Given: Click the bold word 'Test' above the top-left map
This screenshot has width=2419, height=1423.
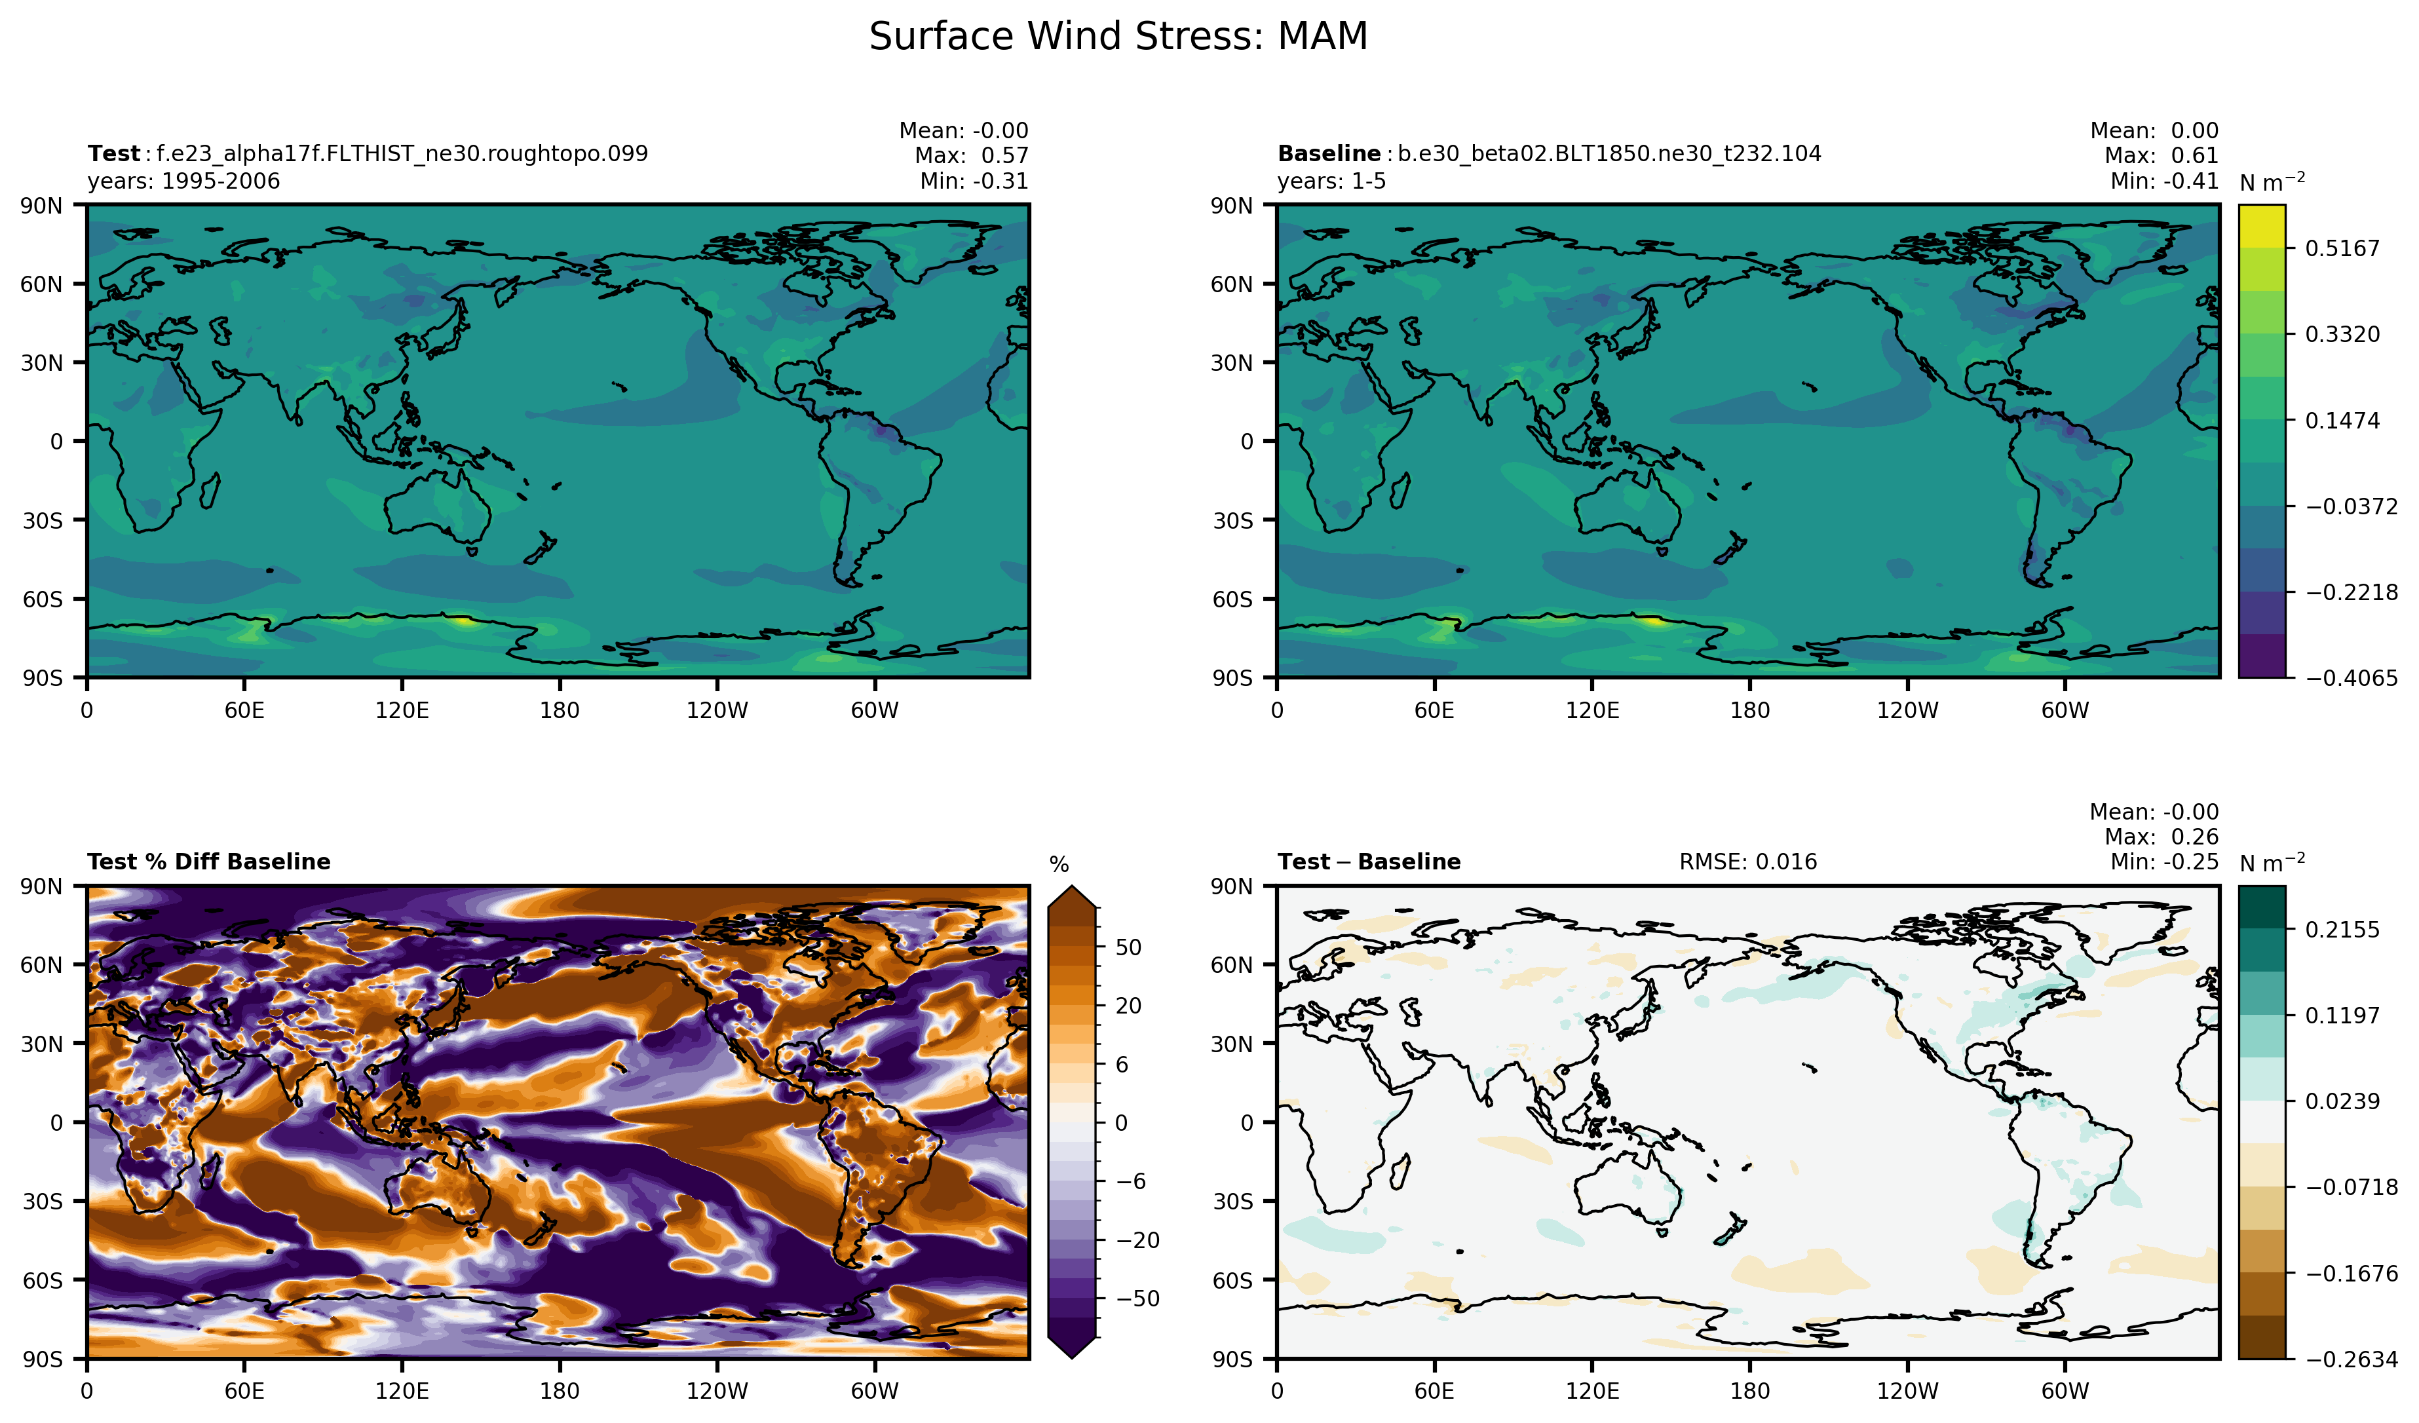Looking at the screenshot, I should coord(113,153).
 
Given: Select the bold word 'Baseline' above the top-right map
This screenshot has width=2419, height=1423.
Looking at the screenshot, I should coord(1329,153).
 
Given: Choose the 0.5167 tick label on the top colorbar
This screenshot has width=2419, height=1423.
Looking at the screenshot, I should coord(2342,248).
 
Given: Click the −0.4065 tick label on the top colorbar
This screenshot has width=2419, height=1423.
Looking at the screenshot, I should coord(2351,678).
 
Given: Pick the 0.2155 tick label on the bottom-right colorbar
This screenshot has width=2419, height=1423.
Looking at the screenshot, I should coord(2342,929).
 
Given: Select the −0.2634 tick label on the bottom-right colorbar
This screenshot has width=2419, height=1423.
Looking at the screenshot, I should coord(2351,1359).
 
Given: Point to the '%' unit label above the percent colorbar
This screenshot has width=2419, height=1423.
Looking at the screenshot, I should coord(1059,865).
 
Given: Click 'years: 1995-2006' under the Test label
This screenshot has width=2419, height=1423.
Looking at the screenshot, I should coord(183,181).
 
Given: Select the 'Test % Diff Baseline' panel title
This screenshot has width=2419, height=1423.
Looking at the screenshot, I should coord(208,862).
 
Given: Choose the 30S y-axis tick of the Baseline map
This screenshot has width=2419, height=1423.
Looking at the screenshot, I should coord(1232,520).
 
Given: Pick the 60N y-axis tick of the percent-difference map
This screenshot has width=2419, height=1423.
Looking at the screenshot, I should coord(42,964).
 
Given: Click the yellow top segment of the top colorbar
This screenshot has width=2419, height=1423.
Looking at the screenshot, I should coord(2262,227).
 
